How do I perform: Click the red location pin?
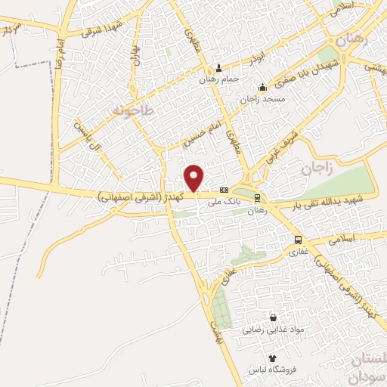[194, 178]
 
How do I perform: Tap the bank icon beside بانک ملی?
[224, 190]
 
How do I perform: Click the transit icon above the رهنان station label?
[259, 198]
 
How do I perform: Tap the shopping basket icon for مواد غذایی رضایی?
[273, 318]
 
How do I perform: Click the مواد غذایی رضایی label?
[272, 330]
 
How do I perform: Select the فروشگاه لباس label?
[272, 370]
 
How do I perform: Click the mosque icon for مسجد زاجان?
[262, 87]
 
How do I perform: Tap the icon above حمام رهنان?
[219, 67]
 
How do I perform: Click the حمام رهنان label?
[218, 79]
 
